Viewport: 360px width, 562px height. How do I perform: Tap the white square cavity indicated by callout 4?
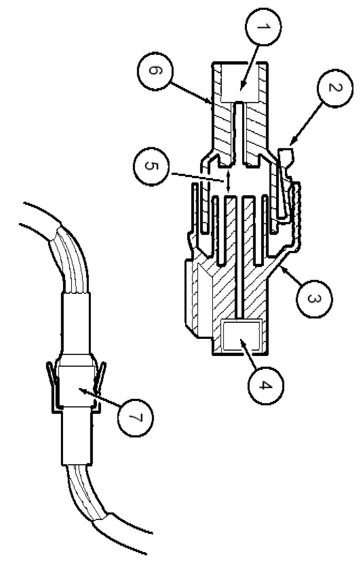pyautogui.click(x=241, y=336)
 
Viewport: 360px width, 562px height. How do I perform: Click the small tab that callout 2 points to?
pyautogui.click(x=285, y=157)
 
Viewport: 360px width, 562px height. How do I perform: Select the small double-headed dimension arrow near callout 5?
pyautogui.click(x=228, y=182)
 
